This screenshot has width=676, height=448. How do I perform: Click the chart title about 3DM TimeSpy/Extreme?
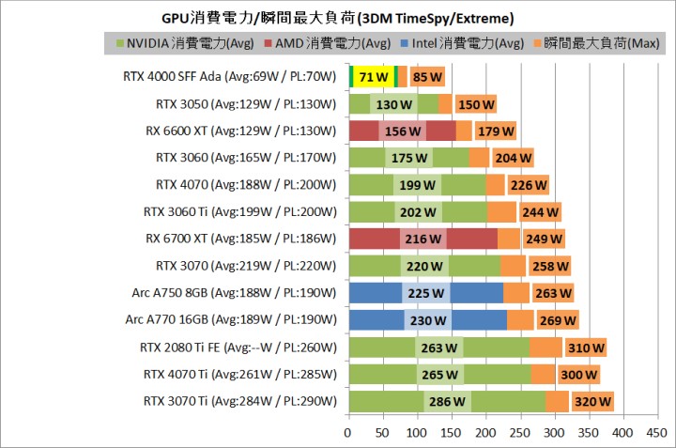[x=339, y=18]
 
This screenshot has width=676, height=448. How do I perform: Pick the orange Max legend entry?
[x=600, y=43]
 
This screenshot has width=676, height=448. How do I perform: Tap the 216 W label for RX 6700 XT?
[x=422, y=239]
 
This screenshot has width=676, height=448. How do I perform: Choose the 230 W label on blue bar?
[x=427, y=320]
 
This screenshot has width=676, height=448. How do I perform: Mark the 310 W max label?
[x=585, y=348]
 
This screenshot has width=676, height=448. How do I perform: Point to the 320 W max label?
[x=591, y=402]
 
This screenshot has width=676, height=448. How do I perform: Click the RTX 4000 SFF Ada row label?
[x=230, y=77]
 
